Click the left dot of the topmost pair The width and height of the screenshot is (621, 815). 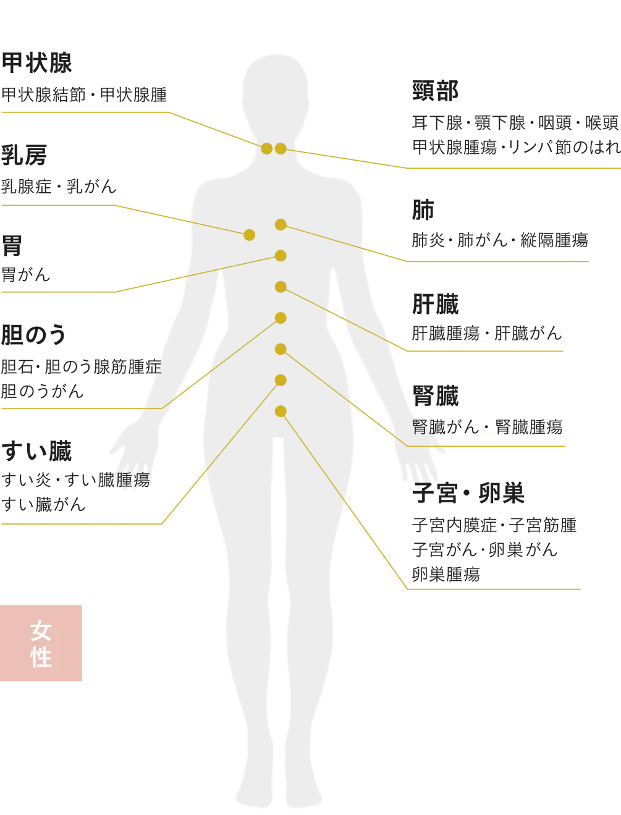click(x=266, y=148)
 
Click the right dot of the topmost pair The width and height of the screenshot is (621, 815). click(x=281, y=148)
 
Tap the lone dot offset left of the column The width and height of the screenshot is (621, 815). click(x=249, y=235)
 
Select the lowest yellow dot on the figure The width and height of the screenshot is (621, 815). click(x=281, y=411)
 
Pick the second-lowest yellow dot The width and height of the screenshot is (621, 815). click(x=281, y=380)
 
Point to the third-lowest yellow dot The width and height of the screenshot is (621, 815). click(x=281, y=349)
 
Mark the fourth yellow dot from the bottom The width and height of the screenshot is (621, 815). click(x=281, y=318)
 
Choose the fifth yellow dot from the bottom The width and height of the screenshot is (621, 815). click(x=281, y=287)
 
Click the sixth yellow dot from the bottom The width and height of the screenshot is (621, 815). click(x=281, y=256)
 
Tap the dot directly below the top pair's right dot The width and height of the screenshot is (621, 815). click(x=281, y=225)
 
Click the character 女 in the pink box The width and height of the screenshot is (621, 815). click(x=41, y=631)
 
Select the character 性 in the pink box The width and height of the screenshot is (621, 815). click(x=41, y=657)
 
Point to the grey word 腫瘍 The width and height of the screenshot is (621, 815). click(x=135, y=480)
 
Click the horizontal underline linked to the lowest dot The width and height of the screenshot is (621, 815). click(x=494, y=590)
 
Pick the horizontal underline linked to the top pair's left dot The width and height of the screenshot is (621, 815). click(x=83, y=112)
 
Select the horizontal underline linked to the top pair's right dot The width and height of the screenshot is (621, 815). click(x=510, y=167)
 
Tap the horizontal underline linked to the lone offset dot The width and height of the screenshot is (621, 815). click(x=59, y=205)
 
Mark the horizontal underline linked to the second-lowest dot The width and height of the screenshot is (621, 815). click(x=80, y=524)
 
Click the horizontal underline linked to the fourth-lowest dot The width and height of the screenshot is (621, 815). click(x=71, y=408)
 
